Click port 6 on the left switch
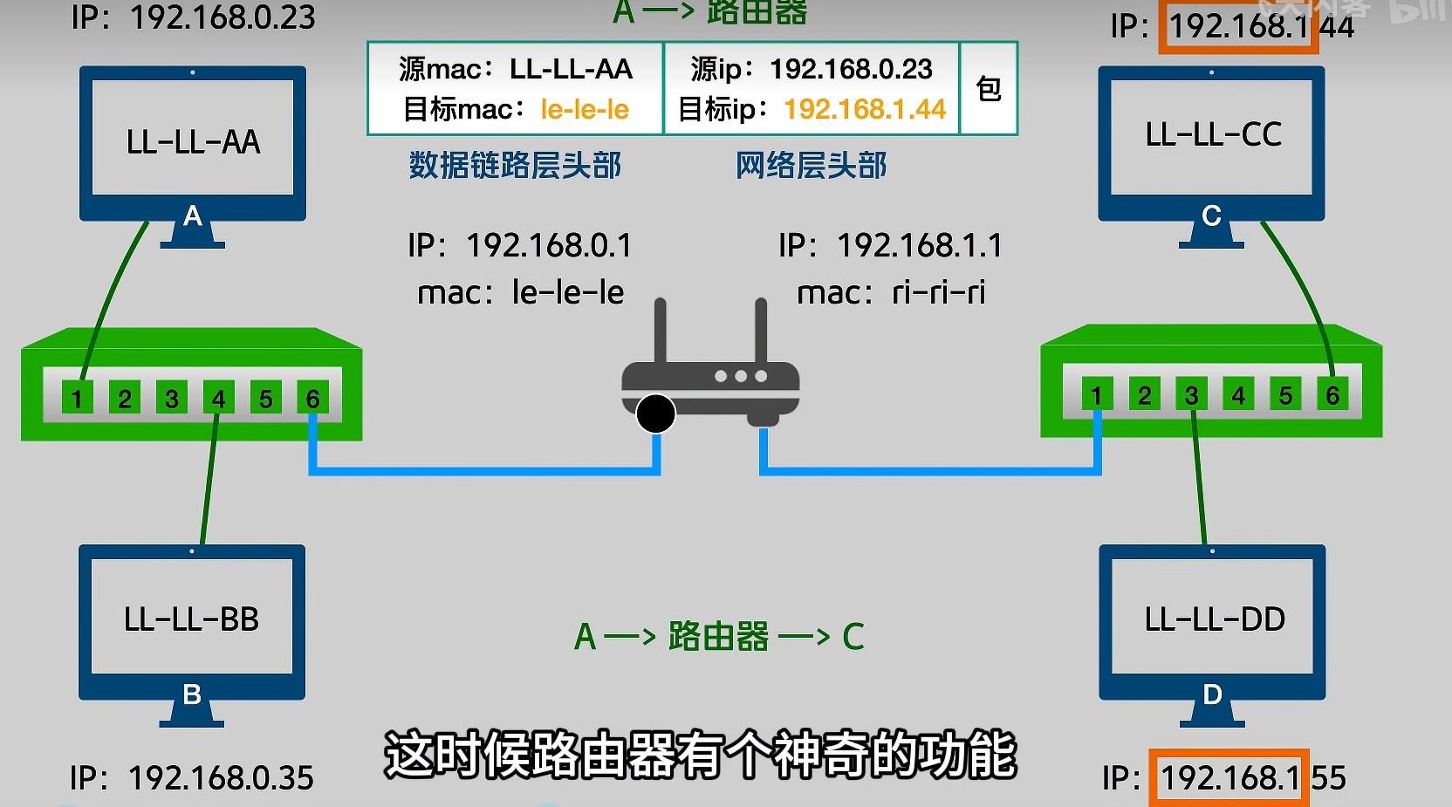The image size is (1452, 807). (312, 399)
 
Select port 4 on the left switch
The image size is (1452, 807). (218, 399)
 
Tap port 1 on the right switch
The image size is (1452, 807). (1097, 395)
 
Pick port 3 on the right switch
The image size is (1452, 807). (1191, 395)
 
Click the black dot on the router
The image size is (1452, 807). (655, 414)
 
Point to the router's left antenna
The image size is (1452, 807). (661, 332)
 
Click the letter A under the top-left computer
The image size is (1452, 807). (193, 215)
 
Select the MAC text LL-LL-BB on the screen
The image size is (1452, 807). (192, 619)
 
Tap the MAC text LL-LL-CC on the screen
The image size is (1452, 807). (1213, 135)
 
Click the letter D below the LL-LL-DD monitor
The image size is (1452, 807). (1212, 694)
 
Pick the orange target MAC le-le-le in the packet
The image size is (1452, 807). (585, 110)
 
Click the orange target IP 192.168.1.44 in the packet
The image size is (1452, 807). (865, 110)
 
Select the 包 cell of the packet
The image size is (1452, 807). (989, 89)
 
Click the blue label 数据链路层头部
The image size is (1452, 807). (515, 166)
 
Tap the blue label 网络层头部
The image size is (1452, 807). (811, 166)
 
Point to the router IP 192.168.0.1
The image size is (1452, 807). (548, 246)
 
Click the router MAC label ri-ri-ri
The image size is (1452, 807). (938, 293)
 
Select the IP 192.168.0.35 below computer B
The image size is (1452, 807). (220, 778)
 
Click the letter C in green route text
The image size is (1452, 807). (853, 637)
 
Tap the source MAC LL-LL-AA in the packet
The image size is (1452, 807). (571, 70)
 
